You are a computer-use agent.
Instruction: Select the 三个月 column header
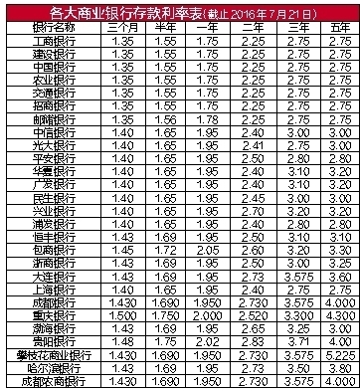pyautogui.click(x=123, y=31)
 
